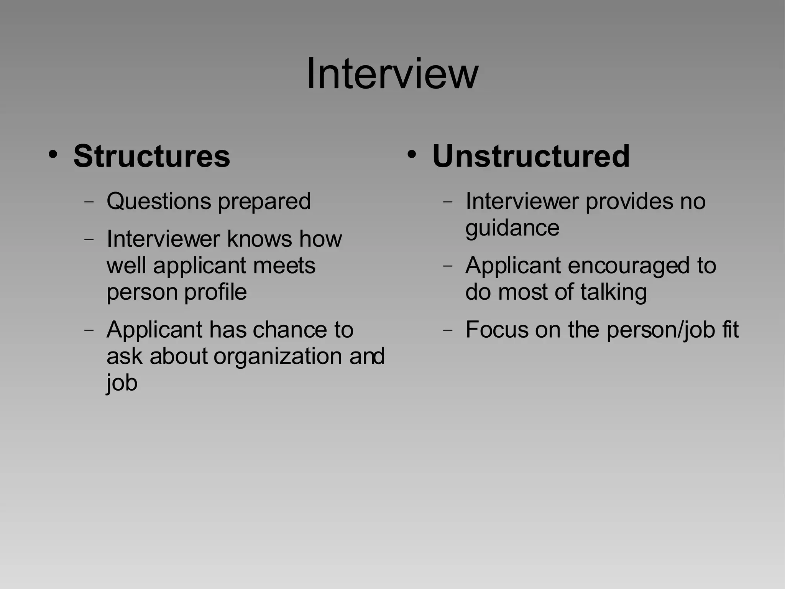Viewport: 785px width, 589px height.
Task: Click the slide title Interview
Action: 392,73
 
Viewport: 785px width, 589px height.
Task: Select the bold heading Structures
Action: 152,156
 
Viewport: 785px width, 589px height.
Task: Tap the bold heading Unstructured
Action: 531,156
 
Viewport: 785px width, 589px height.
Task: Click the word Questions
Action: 159,201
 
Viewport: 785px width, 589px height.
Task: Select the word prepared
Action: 264,202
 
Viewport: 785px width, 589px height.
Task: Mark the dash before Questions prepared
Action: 89,201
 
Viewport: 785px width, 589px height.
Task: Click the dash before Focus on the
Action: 448,330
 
